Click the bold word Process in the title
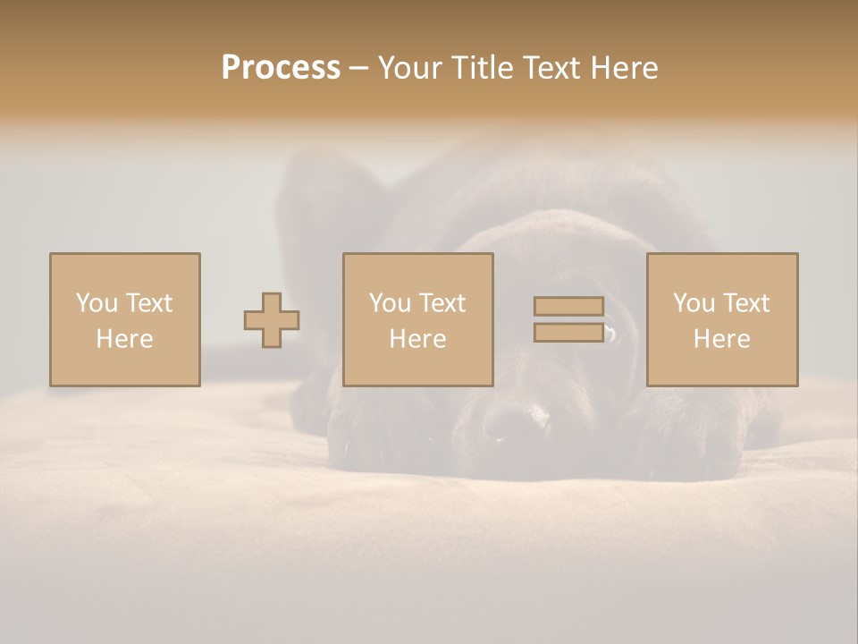pyautogui.click(x=281, y=68)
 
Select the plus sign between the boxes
pyautogui.click(x=272, y=320)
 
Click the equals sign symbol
pyautogui.click(x=568, y=319)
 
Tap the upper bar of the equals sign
pyautogui.click(x=568, y=307)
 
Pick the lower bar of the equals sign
pyautogui.click(x=568, y=333)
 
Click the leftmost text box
pyautogui.click(x=124, y=319)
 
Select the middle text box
pyautogui.click(x=417, y=319)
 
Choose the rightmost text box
pyautogui.click(x=721, y=319)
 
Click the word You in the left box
pyautogui.click(x=97, y=303)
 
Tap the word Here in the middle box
pyautogui.click(x=417, y=339)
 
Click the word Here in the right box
pyautogui.click(x=721, y=339)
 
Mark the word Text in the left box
pyautogui.click(x=148, y=303)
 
